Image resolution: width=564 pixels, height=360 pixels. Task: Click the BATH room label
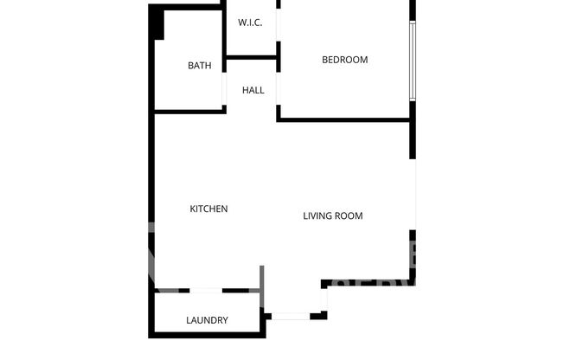pyautogui.click(x=200, y=65)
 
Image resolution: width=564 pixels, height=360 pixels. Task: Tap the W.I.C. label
pyautogui.click(x=250, y=23)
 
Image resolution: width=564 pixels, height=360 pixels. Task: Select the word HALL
pyautogui.click(x=253, y=90)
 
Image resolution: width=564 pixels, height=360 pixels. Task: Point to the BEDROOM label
pyautogui.click(x=344, y=60)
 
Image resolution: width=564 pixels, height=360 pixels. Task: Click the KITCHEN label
pyautogui.click(x=208, y=209)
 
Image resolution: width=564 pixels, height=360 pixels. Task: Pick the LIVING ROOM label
pyautogui.click(x=332, y=215)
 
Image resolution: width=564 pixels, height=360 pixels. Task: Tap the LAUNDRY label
pyautogui.click(x=207, y=320)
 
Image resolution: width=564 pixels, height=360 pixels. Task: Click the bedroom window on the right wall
pyautogui.click(x=413, y=60)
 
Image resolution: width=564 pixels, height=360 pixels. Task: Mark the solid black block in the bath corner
pyautogui.click(x=157, y=22)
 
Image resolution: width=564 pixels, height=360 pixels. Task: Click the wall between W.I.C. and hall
pyautogui.click(x=251, y=58)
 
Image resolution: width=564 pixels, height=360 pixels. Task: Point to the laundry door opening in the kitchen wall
pyautogui.click(x=206, y=290)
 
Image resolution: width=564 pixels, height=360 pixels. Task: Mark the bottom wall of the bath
pyautogui.click(x=189, y=109)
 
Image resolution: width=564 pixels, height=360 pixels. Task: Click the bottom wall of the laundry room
pyautogui.click(x=207, y=335)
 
